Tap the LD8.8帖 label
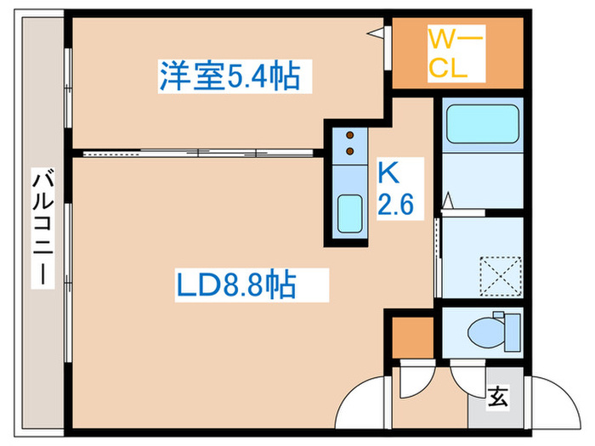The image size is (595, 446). point(236,285)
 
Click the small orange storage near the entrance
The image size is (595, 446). point(411,336)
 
